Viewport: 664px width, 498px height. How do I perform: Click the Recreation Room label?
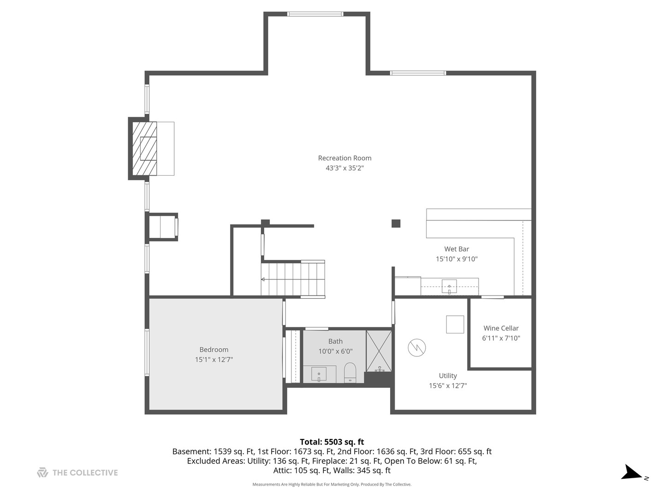click(x=344, y=158)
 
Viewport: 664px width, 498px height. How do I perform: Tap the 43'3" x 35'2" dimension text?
click(x=344, y=168)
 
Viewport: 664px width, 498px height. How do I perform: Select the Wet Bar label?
click(x=456, y=249)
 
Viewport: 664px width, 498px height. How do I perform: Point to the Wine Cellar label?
click(x=501, y=328)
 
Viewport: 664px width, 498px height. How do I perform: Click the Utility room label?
click(x=448, y=375)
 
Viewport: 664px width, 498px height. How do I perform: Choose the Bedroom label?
click(x=213, y=350)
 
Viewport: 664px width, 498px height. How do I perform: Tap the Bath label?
click(x=336, y=341)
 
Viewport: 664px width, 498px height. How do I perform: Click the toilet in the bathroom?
click(x=350, y=372)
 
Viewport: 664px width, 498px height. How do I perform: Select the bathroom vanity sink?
click(x=319, y=374)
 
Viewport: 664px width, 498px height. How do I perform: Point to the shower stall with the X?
click(x=379, y=351)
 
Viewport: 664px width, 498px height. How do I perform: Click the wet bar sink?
click(x=449, y=286)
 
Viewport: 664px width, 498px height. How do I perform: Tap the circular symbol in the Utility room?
click(x=416, y=347)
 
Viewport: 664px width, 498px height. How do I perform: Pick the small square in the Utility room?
click(x=455, y=324)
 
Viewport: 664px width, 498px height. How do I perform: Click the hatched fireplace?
click(x=145, y=148)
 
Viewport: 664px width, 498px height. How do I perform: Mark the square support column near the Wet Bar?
click(x=396, y=224)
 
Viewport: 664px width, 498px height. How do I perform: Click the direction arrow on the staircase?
click(x=263, y=279)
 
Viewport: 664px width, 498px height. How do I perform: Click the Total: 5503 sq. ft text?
click(x=332, y=442)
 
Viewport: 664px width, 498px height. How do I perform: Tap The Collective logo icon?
click(x=42, y=472)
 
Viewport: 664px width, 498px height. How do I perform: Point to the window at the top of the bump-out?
click(x=315, y=14)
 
